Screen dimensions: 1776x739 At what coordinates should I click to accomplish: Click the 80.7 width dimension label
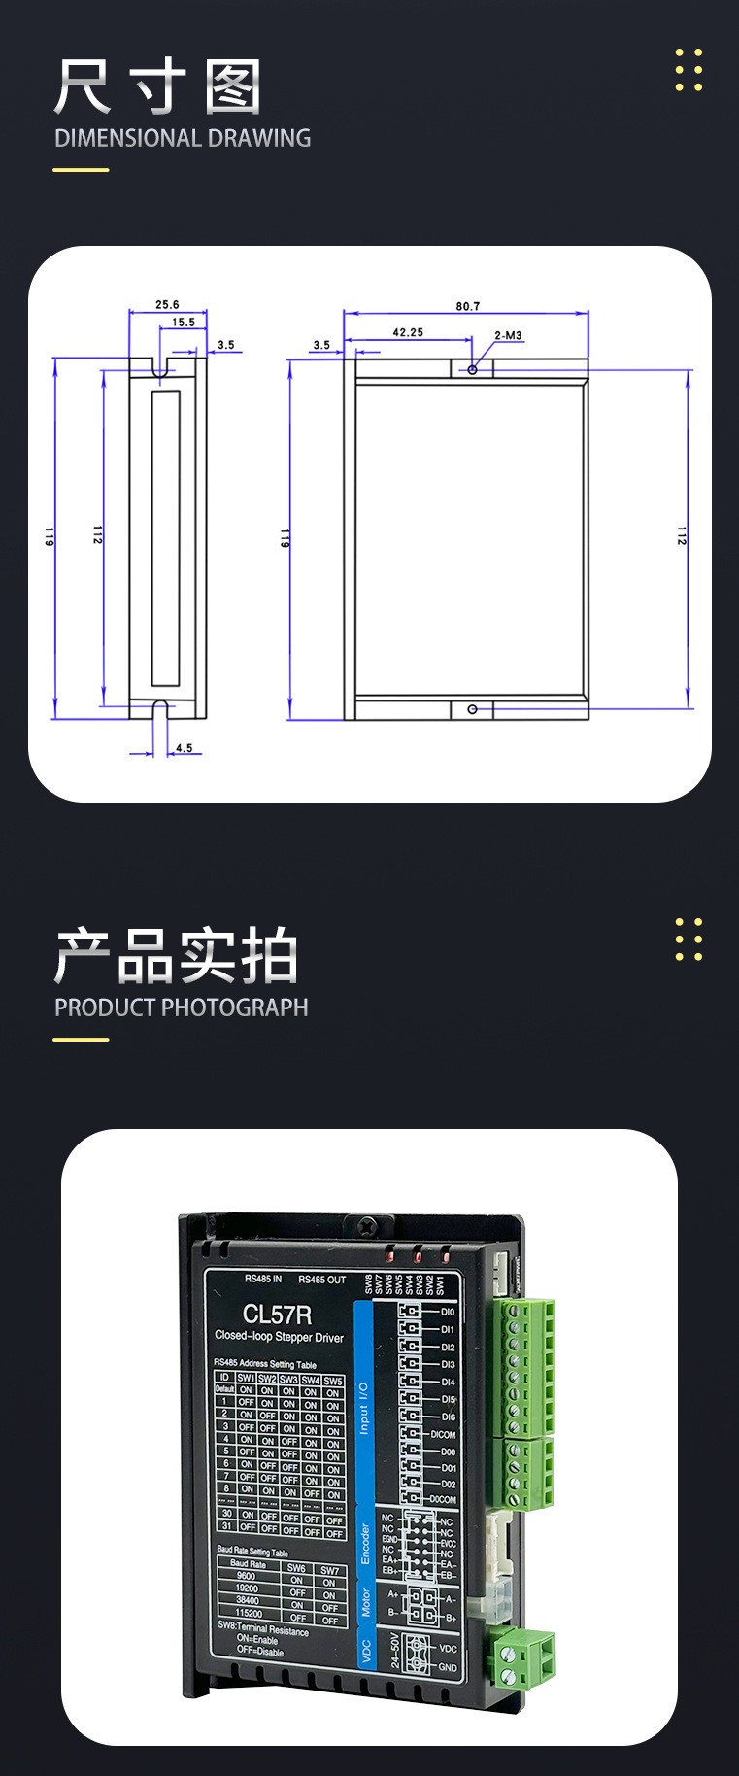click(x=468, y=306)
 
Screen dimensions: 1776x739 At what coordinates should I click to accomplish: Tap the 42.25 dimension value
click(x=408, y=332)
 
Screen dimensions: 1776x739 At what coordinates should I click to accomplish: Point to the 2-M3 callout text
click(x=508, y=335)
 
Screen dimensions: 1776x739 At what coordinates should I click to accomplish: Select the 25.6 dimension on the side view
click(x=167, y=304)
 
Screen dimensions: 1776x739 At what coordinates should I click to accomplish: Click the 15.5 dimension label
click(x=184, y=322)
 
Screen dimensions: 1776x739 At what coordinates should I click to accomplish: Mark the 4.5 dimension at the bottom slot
click(x=184, y=748)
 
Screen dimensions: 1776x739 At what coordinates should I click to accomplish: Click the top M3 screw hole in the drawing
click(x=473, y=369)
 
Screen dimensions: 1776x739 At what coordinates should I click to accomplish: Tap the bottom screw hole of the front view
click(x=473, y=709)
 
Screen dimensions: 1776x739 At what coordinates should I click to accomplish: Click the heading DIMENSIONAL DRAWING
click(x=183, y=138)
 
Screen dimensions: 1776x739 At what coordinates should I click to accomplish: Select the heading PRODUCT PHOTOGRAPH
click(x=181, y=1008)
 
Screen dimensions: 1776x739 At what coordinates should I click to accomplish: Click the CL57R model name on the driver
click(x=277, y=1315)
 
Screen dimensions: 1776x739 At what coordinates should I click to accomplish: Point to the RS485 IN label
click(x=263, y=1279)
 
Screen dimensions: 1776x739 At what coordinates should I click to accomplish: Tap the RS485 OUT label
click(x=321, y=1280)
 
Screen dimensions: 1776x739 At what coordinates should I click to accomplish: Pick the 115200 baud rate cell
click(x=249, y=1613)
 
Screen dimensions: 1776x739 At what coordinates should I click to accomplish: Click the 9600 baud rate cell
click(x=247, y=1576)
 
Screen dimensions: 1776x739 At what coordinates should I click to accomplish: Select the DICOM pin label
click(x=443, y=1434)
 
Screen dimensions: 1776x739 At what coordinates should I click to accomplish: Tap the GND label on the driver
click(x=447, y=1667)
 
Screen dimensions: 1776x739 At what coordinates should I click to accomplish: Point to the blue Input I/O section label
click(x=364, y=1409)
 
